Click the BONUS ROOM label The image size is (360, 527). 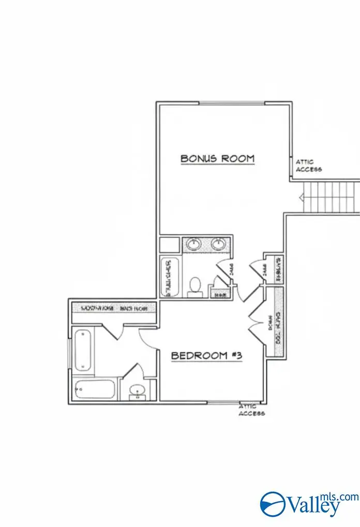217,158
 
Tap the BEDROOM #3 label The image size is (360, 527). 207,356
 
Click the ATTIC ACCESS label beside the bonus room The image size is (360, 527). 308,165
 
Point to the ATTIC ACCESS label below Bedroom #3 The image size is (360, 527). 252,410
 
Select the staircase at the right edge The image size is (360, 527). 331,196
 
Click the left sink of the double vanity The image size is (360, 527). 193,243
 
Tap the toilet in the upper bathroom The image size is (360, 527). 195,286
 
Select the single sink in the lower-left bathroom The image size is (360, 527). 137,390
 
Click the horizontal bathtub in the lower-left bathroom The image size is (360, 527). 94,389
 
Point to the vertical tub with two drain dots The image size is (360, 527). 83,350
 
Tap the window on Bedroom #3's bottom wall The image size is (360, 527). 223,402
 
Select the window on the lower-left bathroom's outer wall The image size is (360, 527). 70,356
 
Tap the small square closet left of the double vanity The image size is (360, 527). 169,244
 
